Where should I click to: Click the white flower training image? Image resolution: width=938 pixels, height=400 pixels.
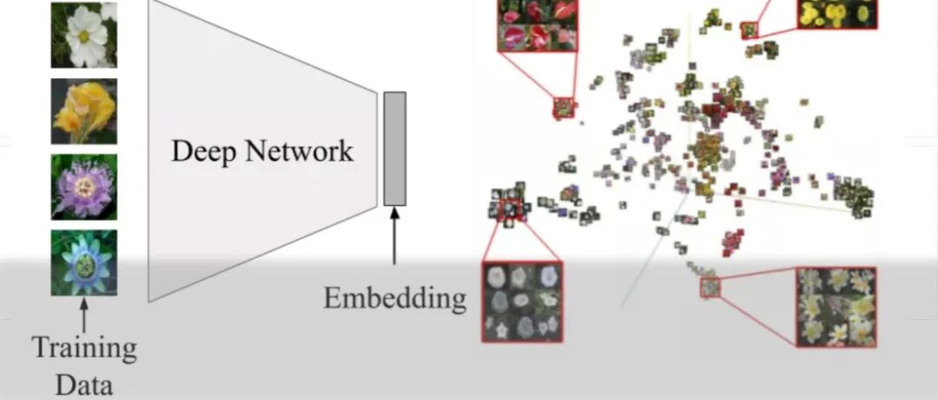(83, 35)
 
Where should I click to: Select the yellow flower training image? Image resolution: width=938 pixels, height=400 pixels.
(83, 111)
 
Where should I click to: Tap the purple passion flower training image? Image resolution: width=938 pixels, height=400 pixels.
(83, 186)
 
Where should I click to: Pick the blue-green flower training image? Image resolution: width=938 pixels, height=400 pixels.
(83, 262)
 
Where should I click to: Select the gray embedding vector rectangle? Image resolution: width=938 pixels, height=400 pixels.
(395, 148)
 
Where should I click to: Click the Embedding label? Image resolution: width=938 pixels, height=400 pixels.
(394, 298)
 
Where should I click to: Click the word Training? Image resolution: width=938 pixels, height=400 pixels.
(84, 349)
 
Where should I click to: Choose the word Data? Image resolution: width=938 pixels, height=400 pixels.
(84, 383)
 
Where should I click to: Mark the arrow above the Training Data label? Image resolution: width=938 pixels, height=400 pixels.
(84, 314)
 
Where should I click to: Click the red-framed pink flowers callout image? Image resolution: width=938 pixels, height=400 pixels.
(538, 25)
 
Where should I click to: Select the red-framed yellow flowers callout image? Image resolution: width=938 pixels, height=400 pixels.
(837, 13)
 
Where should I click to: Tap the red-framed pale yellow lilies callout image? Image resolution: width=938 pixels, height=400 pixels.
(836, 306)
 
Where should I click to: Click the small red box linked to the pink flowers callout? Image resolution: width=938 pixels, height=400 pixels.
(564, 107)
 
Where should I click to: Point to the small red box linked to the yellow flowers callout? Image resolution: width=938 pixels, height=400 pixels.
(749, 30)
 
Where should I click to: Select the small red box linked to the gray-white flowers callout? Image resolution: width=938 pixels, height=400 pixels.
(510, 208)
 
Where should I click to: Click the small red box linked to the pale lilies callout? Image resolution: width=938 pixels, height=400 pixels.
(710, 287)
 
